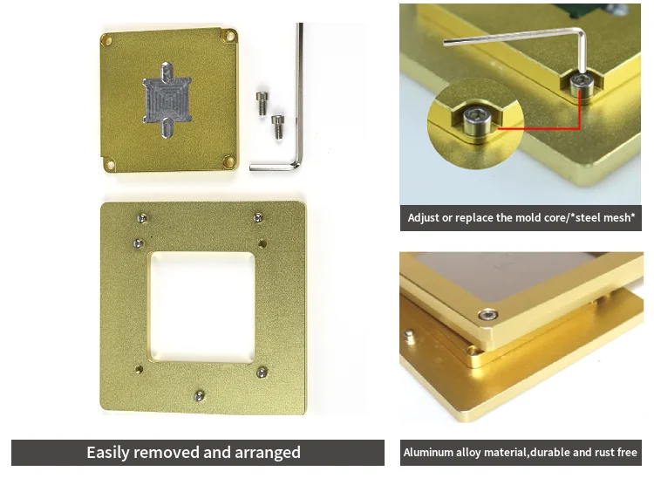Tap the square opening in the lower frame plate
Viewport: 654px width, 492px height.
click(x=201, y=307)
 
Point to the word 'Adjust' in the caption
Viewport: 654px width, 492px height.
click(x=424, y=217)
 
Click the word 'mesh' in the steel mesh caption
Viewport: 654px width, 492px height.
click(x=619, y=217)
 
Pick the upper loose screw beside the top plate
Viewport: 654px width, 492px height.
click(x=261, y=101)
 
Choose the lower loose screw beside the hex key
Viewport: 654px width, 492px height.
click(x=278, y=125)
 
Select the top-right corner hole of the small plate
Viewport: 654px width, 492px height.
click(x=229, y=37)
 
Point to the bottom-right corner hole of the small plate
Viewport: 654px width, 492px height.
click(x=229, y=161)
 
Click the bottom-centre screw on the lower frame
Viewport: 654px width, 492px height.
click(x=200, y=395)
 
